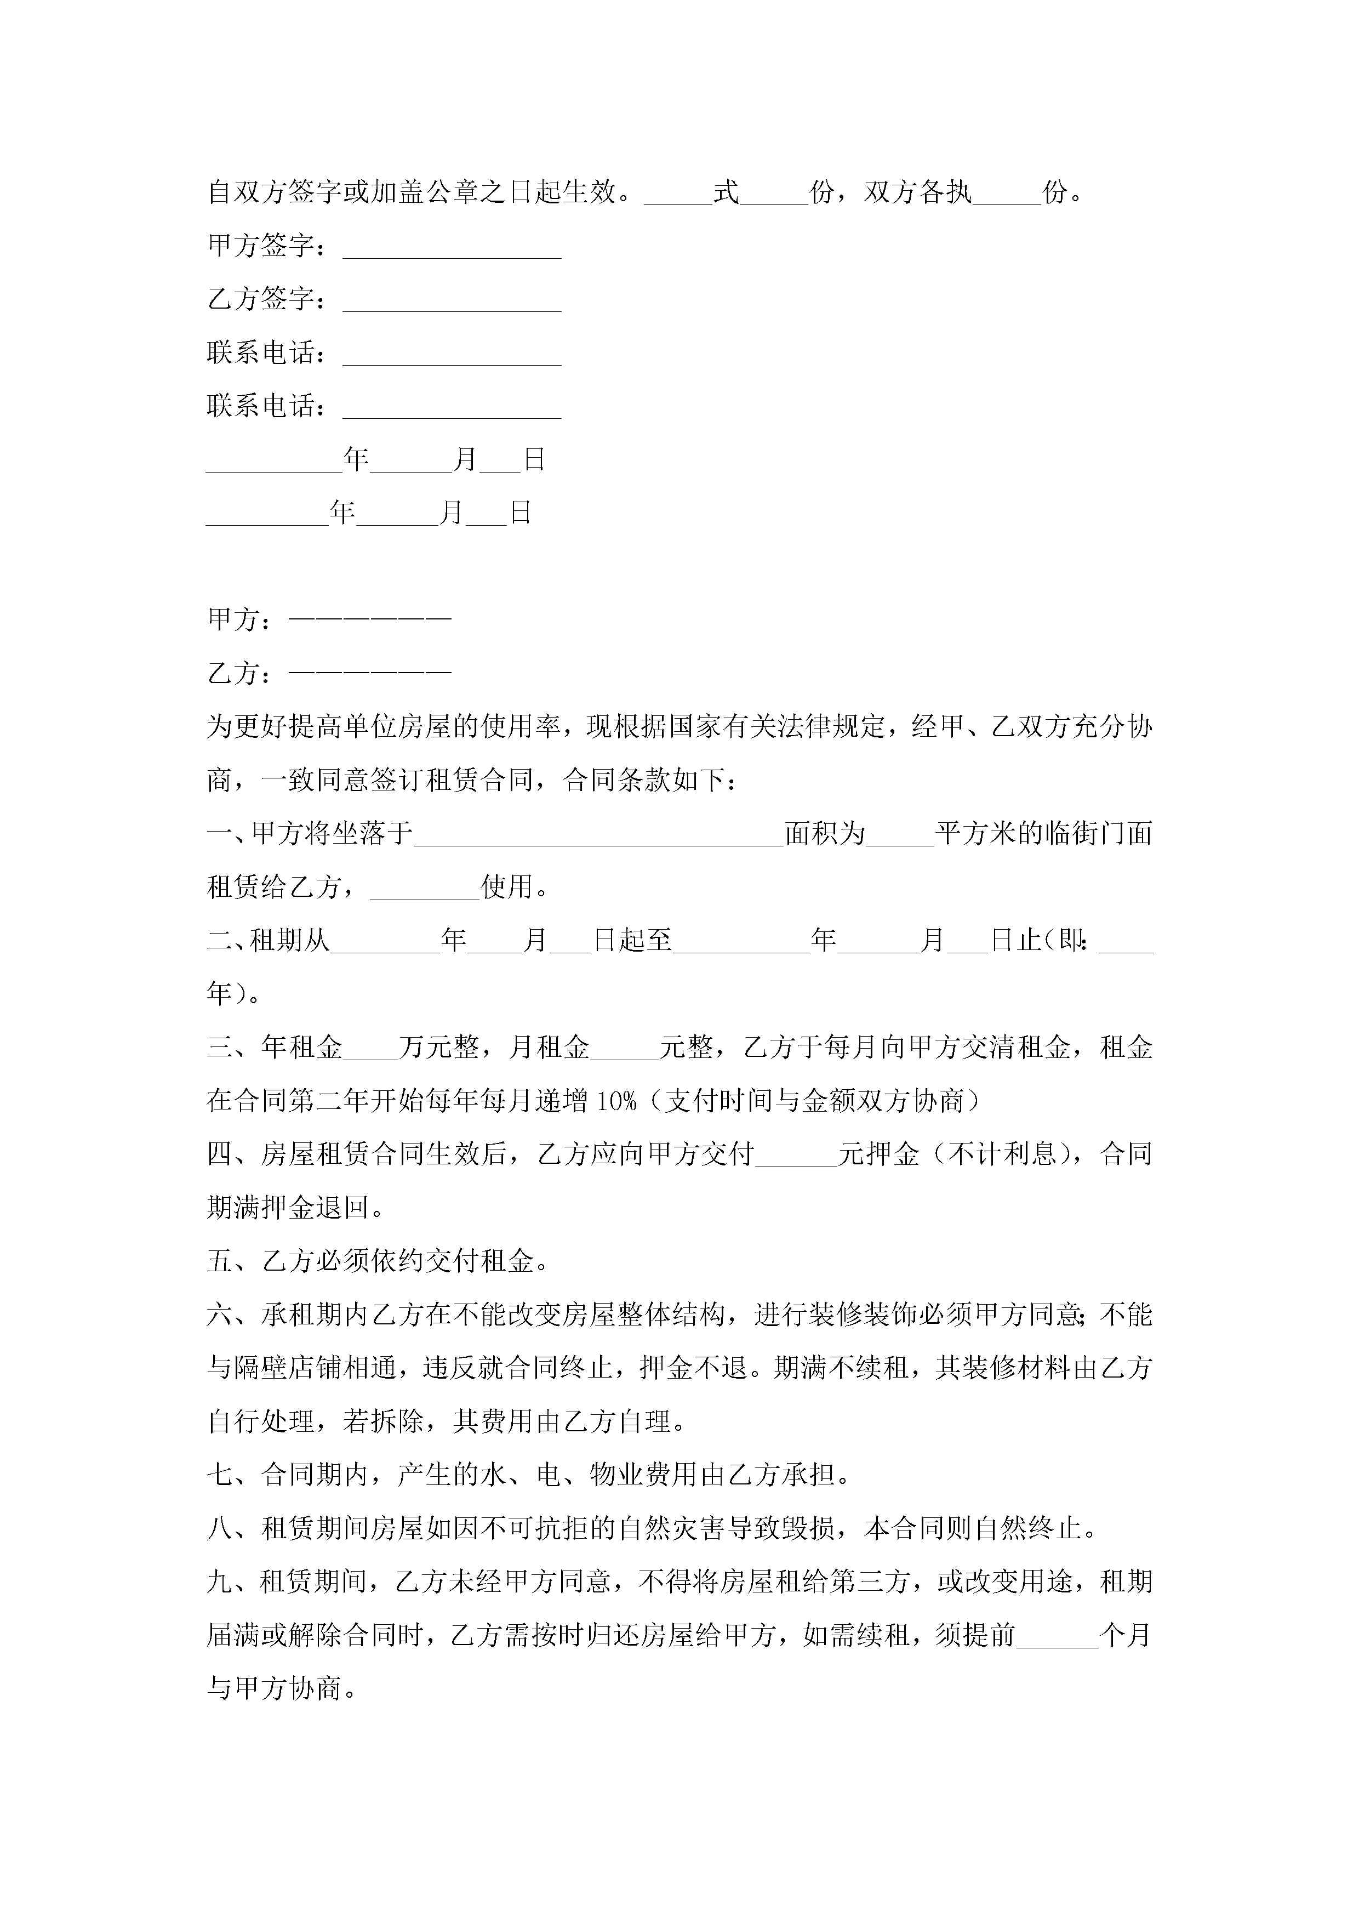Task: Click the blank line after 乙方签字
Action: tap(452, 301)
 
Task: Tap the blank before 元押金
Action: tap(796, 1156)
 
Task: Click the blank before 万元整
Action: tap(370, 1049)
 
